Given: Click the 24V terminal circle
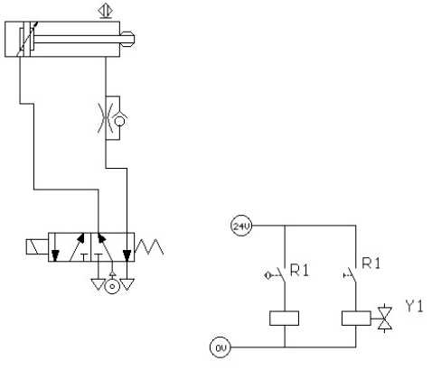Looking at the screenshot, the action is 240,226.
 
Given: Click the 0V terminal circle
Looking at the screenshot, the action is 221,347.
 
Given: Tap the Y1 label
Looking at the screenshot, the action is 414,306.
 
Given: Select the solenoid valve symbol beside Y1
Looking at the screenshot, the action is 385,319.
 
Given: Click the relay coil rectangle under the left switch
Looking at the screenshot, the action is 284,319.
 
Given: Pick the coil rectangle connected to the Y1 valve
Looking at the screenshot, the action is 356,319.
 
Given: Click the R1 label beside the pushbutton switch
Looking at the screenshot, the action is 299,270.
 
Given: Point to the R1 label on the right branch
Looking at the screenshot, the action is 371,263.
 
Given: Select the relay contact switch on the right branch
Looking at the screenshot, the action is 350,274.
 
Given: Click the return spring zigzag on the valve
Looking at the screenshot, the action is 149,246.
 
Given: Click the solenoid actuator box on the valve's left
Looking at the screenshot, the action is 37,247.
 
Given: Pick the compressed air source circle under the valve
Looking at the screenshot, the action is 112,286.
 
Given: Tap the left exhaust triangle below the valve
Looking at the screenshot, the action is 99,284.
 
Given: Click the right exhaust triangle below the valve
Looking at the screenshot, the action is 127,284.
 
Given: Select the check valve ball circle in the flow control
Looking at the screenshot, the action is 120,121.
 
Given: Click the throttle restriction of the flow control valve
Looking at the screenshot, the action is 106,118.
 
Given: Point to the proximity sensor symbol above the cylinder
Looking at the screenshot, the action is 106,12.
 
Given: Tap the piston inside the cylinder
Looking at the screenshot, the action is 25,39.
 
